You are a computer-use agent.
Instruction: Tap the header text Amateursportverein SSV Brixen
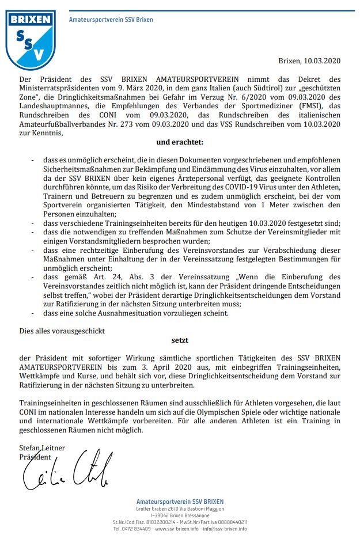click(x=111, y=20)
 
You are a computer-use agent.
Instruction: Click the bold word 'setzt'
click(x=180, y=340)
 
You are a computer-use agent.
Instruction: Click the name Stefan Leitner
click(x=42, y=447)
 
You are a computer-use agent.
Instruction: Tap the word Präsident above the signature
click(x=36, y=456)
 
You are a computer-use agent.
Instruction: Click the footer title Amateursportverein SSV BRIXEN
click(x=180, y=502)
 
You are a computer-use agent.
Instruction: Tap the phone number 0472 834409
click(x=137, y=528)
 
